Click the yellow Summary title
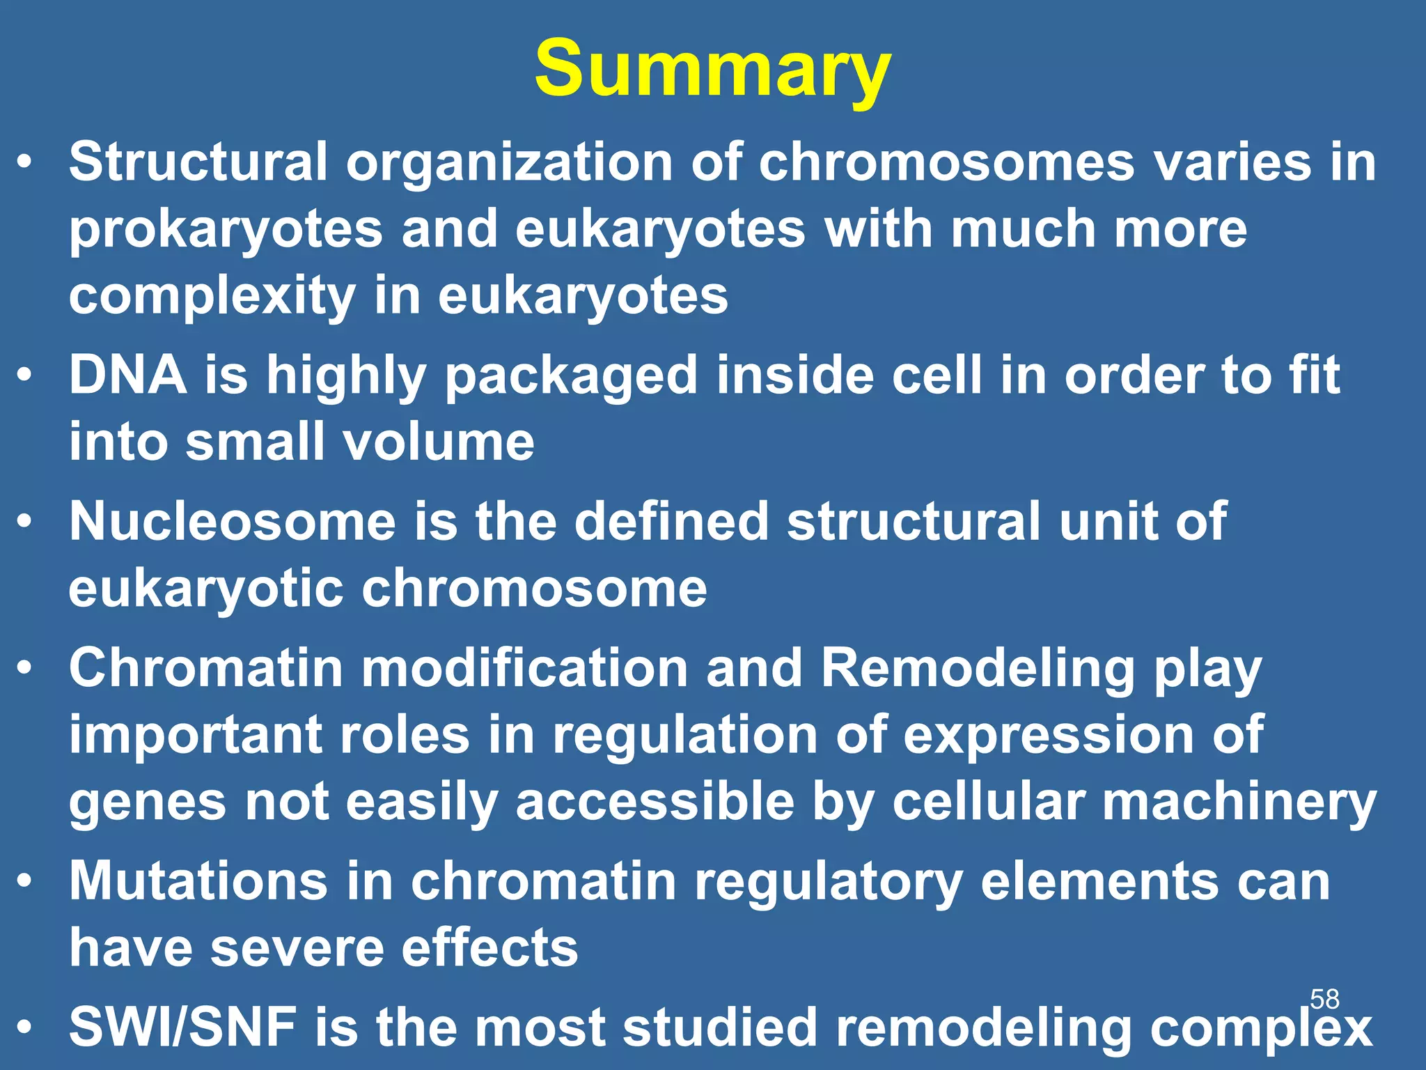pos(712,70)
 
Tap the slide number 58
pos(1324,1000)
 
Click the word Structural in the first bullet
pos(198,162)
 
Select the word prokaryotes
pos(226,231)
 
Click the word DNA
pos(128,375)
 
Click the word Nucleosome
pos(233,522)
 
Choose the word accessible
pos(655,802)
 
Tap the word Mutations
pos(198,881)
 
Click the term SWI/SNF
pos(182,1028)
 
